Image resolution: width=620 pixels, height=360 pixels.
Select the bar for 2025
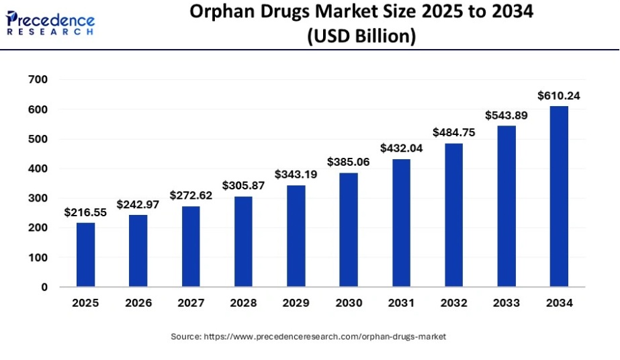85,255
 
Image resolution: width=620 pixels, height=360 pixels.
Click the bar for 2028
243,241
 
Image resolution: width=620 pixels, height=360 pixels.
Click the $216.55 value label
85,212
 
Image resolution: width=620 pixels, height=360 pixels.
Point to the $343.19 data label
296,175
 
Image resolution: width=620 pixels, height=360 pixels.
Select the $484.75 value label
453,132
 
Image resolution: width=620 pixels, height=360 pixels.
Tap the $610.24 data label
559,96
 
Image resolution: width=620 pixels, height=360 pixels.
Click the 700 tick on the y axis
38,80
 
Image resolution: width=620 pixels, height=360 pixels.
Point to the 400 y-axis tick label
38,169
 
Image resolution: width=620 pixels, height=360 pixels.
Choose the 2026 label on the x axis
138,303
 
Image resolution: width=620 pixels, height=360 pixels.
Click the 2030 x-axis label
349,303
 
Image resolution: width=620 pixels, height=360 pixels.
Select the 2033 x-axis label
506,303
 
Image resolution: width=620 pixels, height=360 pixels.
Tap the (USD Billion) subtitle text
361,36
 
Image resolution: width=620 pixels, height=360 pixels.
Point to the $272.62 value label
191,195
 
